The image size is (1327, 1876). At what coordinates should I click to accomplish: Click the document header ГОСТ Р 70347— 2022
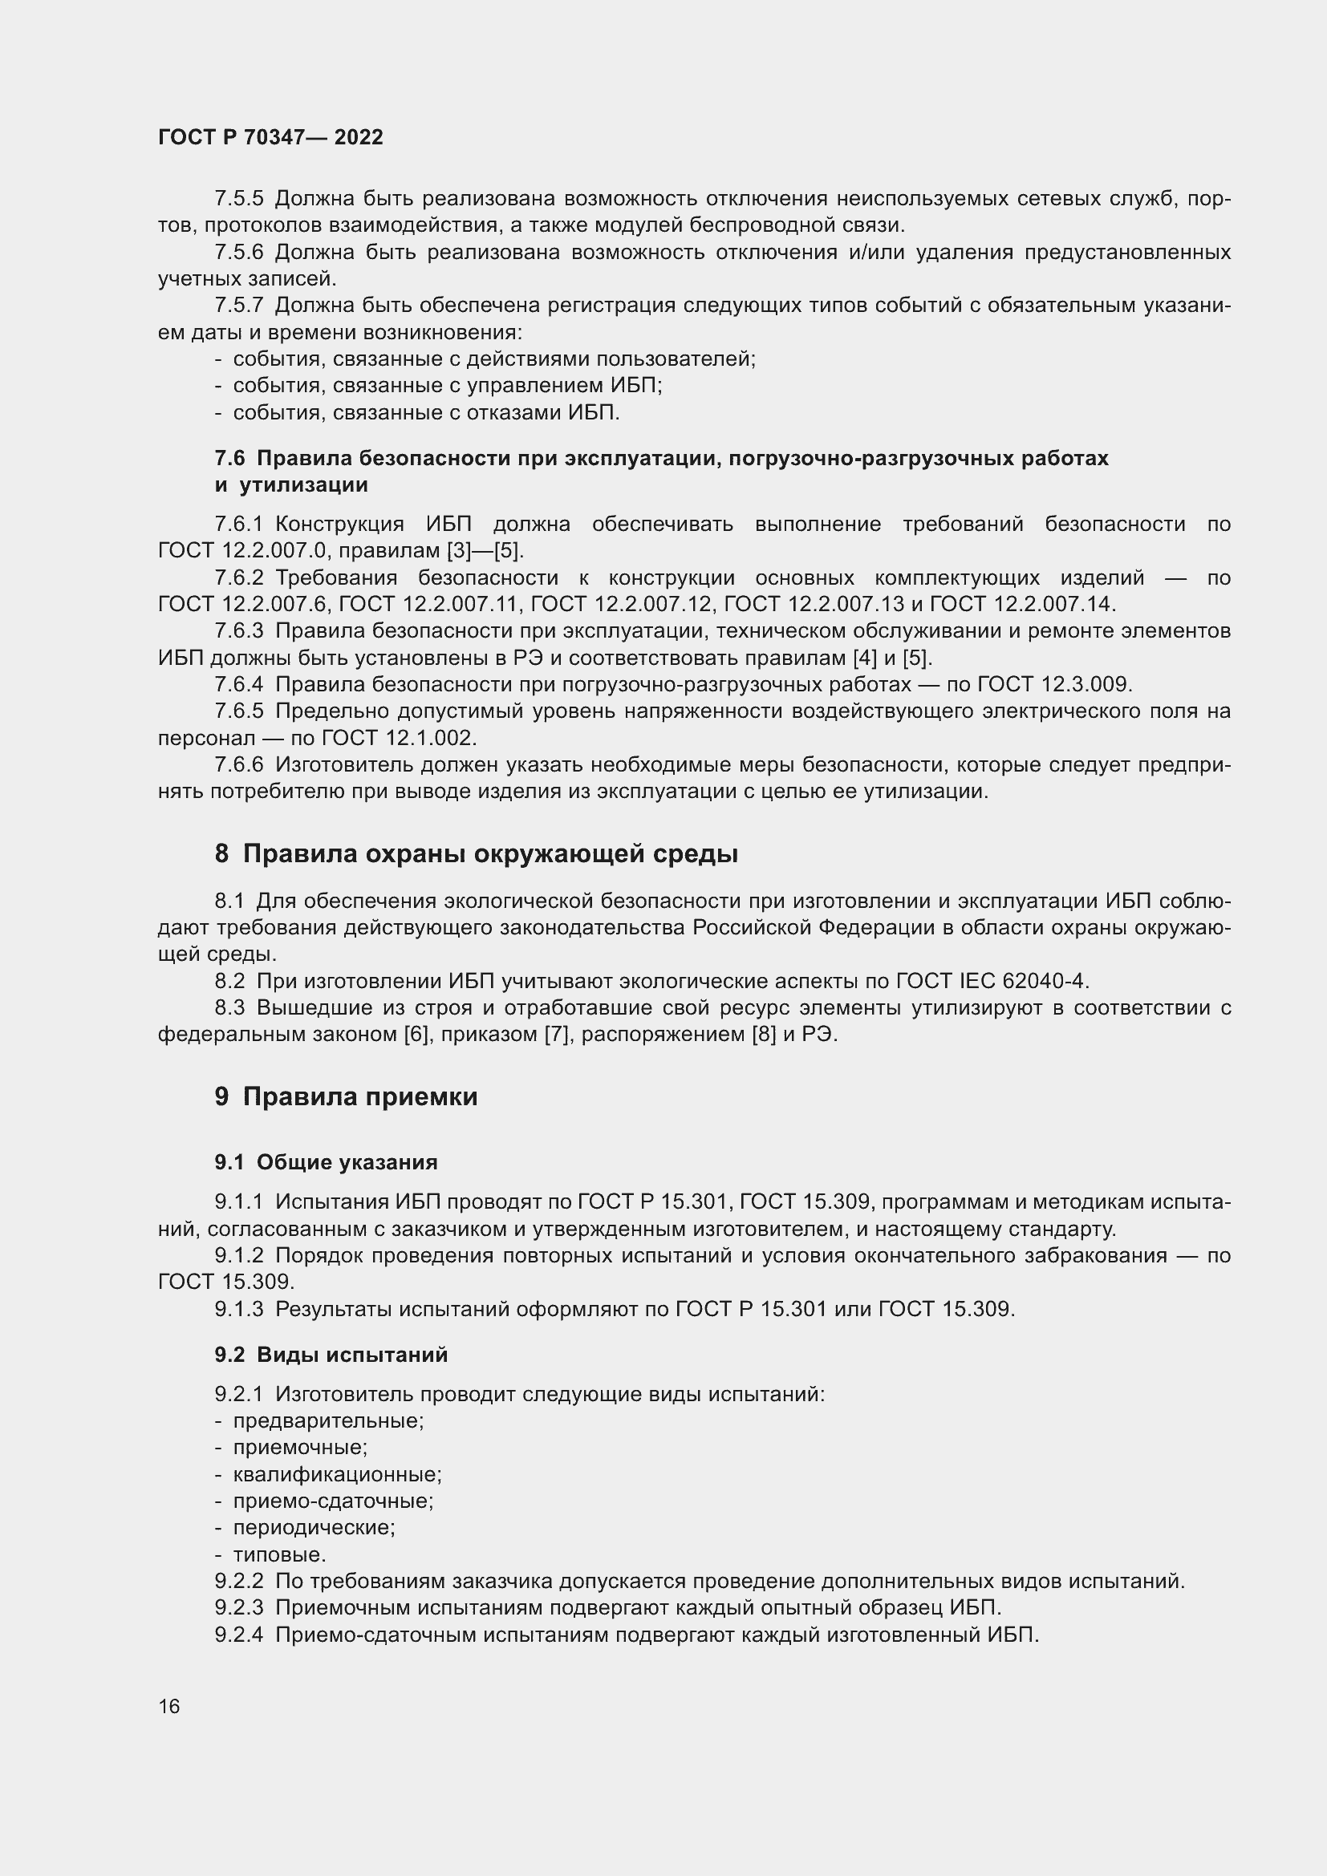270,137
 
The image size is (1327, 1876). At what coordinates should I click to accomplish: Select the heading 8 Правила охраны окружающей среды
477,854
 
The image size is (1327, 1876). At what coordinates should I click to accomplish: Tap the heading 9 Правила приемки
346,1096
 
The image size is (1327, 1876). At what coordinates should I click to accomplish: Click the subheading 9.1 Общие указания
326,1162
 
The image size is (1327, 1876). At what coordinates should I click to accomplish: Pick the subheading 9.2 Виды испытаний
331,1355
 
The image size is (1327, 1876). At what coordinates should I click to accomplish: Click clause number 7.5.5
238,199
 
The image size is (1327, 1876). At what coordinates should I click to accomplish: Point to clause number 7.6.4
238,684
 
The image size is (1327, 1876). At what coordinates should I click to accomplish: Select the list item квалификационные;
337,1475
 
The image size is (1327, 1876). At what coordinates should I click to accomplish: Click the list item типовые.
279,1555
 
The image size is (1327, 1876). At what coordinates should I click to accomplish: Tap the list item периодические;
314,1528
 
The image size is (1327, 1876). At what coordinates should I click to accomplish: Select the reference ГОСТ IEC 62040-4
992,980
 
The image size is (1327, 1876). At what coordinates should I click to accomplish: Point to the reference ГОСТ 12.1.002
397,738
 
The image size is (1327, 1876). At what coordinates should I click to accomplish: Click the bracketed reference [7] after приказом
557,1035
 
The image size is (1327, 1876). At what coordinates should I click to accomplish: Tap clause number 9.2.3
238,1608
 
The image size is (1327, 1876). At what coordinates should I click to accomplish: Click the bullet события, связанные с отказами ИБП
426,412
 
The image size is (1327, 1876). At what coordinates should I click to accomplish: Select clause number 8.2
229,980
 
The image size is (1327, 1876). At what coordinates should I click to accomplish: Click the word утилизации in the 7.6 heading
303,485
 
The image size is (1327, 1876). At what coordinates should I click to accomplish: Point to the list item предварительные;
328,1421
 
